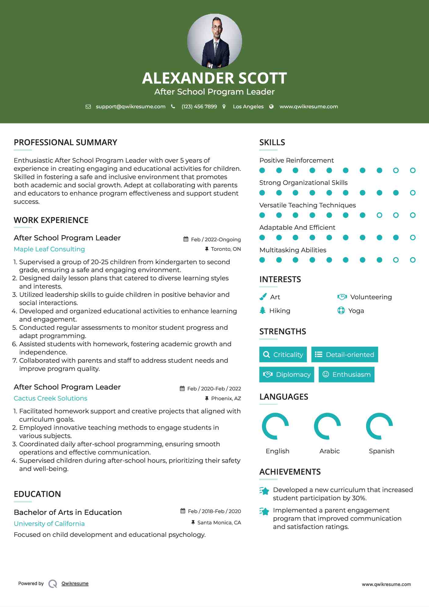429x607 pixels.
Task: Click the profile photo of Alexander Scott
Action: point(214,41)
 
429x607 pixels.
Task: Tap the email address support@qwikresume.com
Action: point(130,106)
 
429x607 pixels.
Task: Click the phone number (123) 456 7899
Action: point(199,106)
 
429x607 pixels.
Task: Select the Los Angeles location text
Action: point(248,106)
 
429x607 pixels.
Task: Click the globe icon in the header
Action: point(271,106)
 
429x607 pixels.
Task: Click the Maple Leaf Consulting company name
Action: point(49,249)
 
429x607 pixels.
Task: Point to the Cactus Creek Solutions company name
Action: point(51,398)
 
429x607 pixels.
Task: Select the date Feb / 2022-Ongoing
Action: point(216,239)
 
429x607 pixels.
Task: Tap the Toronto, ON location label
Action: point(226,249)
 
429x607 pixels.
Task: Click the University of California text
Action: point(49,524)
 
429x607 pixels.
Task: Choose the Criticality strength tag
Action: point(283,354)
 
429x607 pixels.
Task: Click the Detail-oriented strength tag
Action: point(345,354)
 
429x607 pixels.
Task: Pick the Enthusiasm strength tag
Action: point(346,375)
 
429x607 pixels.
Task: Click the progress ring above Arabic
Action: point(327,426)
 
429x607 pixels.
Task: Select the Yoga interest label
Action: point(356,311)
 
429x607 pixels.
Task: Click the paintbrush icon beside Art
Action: point(263,297)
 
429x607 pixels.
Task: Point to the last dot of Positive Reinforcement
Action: point(413,171)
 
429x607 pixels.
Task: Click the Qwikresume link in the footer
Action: point(75,584)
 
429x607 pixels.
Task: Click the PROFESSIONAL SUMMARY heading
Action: point(66,142)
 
